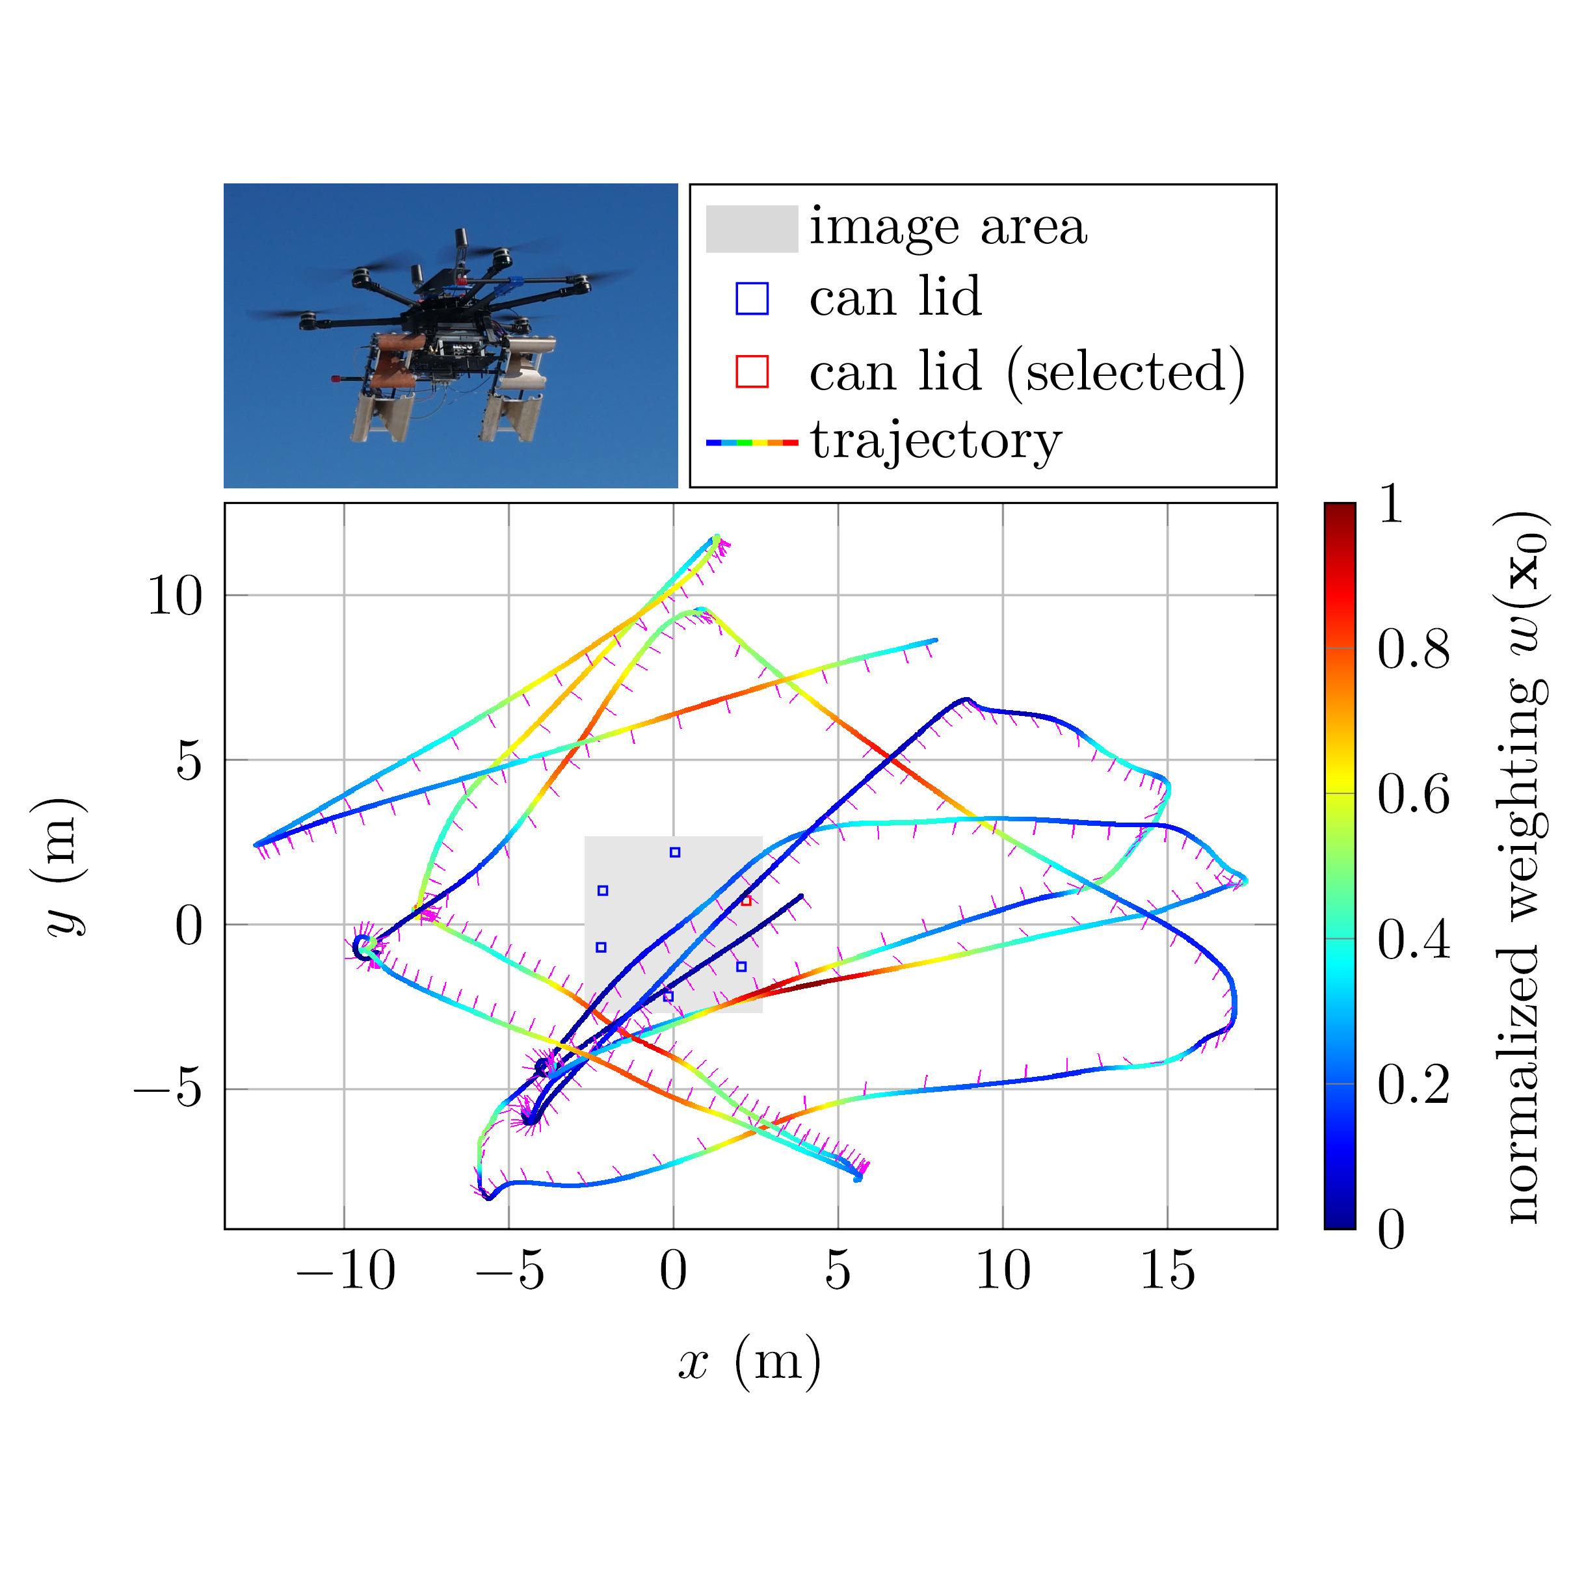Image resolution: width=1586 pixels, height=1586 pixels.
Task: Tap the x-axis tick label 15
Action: pyautogui.click(x=1167, y=1271)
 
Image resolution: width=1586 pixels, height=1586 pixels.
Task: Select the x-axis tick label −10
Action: pyautogui.click(x=345, y=1271)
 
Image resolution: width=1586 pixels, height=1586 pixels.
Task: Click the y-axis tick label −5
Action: pyautogui.click(x=168, y=1090)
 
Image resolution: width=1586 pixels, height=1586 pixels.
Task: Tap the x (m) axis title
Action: pyautogui.click(x=748, y=1363)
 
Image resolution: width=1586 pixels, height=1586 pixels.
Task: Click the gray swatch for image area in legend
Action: pyautogui.click(x=751, y=228)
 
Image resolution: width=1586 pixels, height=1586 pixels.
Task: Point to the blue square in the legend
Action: pyautogui.click(x=752, y=298)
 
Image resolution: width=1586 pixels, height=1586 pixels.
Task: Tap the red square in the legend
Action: pyautogui.click(x=752, y=372)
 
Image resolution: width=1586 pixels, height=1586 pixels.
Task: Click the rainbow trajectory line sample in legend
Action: pyautogui.click(x=751, y=442)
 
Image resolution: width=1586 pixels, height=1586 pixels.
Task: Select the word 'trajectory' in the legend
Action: pyautogui.click(x=936, y=441)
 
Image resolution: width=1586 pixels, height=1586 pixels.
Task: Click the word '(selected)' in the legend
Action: pyautogui.click(x=1126, y=372)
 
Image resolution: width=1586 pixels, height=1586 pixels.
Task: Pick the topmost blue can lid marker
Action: pyautogui.click(x=675, y=852)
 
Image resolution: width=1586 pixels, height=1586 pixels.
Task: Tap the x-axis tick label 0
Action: pyautogui.click(x=673, y=1271)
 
